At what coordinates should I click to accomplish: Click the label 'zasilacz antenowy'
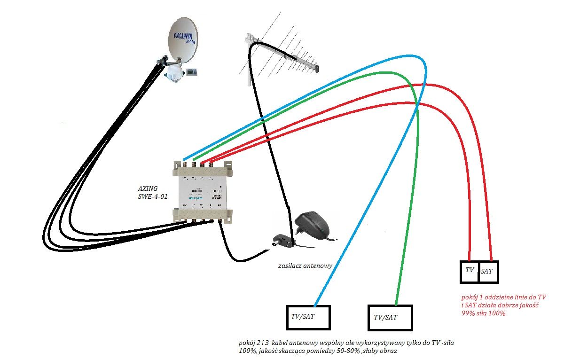click(305, 266)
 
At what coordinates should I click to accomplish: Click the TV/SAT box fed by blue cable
click(308, 317)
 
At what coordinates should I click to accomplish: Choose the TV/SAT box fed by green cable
click(390, 318)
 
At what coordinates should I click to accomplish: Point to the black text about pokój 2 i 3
click(345, 347)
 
